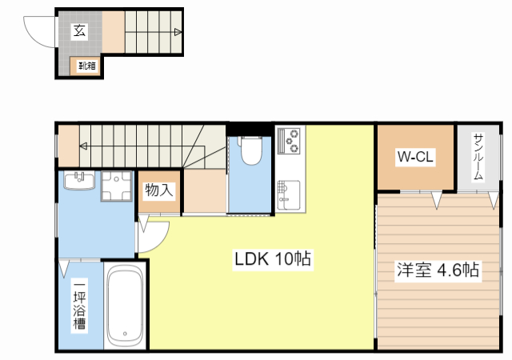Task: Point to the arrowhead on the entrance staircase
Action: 177,32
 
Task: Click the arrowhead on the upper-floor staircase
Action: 84,146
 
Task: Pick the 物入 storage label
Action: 158,190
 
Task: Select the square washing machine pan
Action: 117,188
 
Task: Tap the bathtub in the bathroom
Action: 125,306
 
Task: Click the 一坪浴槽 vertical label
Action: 80,306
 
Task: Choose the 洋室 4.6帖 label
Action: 438,270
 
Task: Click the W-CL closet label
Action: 415,157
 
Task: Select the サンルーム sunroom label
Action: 478,158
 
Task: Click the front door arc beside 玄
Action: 38,32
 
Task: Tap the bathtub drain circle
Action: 125,335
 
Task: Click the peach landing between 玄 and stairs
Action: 114,31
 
